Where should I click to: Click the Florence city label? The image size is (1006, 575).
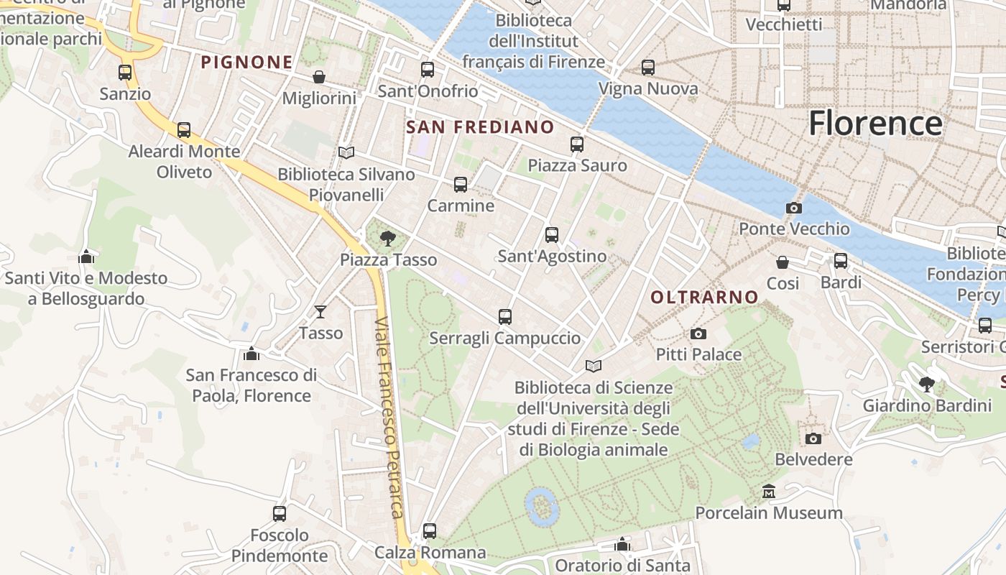875,124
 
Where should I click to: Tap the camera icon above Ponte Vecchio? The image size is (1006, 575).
794,208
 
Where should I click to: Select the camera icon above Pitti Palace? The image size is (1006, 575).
698,333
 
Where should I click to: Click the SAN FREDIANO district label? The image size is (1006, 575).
480,127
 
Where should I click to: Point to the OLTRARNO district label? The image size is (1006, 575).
704,297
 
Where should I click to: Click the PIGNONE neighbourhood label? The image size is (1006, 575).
246,63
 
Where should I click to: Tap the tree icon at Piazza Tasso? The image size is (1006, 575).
388,238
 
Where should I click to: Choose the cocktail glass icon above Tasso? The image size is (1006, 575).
320,311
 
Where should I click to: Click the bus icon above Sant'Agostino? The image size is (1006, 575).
552,235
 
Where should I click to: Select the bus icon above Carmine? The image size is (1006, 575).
461,185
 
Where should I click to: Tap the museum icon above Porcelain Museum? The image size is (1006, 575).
769,492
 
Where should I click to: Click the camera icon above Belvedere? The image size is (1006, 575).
813,438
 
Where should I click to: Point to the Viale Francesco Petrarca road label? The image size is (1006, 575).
389,417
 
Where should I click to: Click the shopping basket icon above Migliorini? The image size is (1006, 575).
319,77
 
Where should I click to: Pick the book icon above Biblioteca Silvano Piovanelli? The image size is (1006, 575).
346,152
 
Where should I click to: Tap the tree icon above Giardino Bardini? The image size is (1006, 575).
927,384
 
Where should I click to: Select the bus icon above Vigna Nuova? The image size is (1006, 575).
648,68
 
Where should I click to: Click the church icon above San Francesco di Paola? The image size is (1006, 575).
251,354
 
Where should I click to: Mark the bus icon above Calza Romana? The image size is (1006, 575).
430,531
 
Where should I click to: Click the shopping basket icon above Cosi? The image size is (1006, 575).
783,262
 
